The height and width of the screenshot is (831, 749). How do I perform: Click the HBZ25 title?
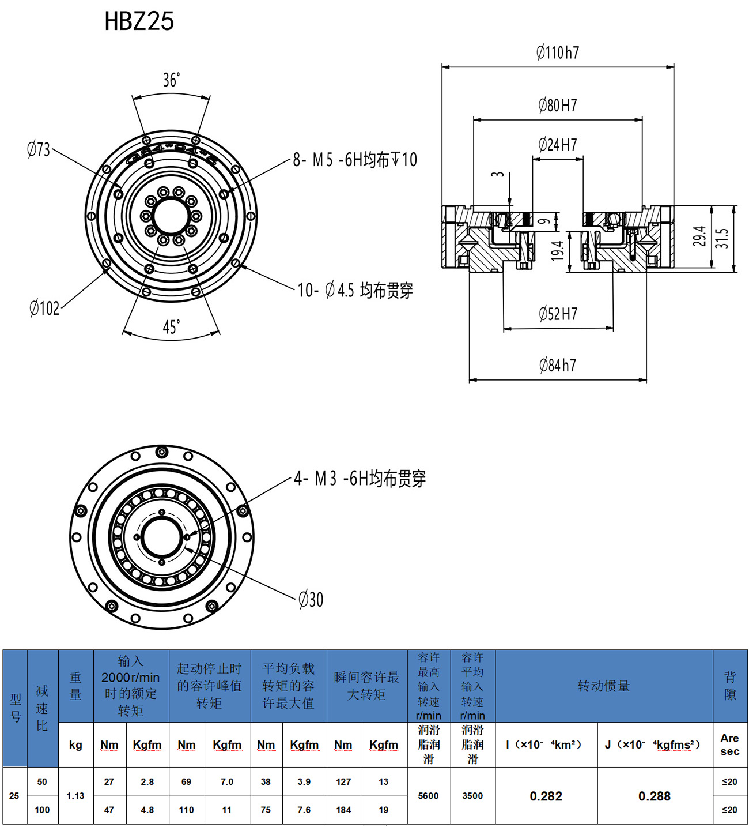click(139, 21)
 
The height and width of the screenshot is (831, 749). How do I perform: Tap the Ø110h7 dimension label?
click(557, 52)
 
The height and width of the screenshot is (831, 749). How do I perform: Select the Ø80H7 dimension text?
click(557, 105)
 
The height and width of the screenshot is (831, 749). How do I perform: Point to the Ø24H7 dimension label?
click(557, 145)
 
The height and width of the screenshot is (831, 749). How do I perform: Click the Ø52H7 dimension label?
click(558, 314)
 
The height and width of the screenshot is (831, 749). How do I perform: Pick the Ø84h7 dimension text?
click(557, 365)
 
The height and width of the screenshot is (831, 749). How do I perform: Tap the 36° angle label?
click(171, 80)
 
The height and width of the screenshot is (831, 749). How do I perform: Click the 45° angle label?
click(171, 326)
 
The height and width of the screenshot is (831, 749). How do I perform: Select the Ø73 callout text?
click(38, 149)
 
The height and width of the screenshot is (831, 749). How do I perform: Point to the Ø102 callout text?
click(44, 308)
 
